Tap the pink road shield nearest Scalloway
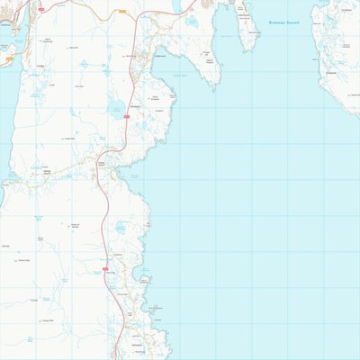41,9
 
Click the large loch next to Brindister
116,111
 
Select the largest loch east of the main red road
120,229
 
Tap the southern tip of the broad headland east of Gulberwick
215,85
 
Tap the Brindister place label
136,105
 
